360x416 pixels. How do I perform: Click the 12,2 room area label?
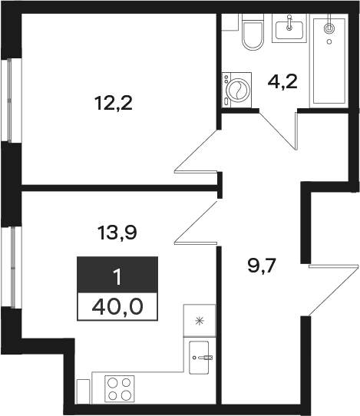(114, 104)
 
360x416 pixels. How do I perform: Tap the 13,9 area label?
(117, 233)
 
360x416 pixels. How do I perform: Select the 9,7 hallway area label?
(262, 266)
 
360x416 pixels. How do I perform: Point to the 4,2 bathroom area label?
(282, 82)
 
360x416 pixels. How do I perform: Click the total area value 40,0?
(117, 307)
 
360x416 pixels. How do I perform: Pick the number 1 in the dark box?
(117, 277)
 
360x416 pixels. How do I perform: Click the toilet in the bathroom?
(253, 32)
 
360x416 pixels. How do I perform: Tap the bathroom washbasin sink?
(289, 28)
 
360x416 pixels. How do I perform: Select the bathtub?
(329, 61)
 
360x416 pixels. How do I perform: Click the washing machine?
(236, 90)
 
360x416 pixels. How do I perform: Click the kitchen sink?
(199, 358)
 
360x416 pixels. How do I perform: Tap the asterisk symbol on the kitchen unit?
(200, 322)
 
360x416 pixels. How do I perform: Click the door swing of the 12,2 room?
(197, 151)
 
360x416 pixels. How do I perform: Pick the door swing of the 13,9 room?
(197, 223)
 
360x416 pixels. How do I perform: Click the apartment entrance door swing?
(332, 290)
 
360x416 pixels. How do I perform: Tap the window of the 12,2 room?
(10, 101)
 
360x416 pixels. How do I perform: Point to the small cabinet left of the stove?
(84, 391)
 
